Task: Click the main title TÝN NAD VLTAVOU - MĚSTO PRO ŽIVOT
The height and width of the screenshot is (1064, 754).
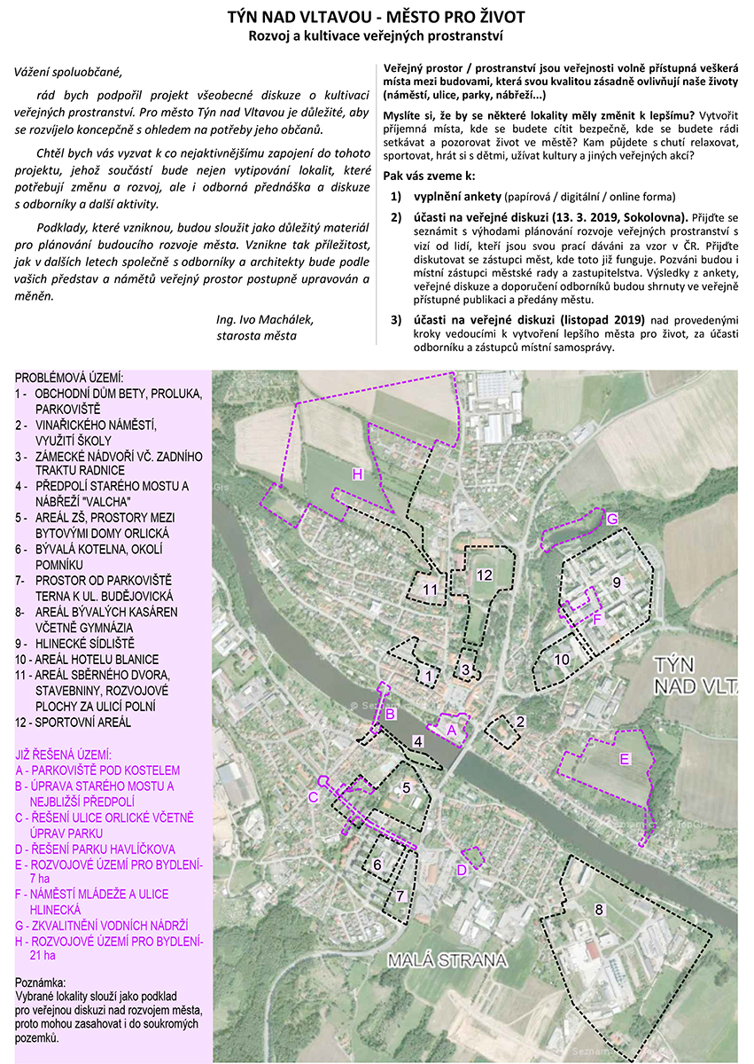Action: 376,17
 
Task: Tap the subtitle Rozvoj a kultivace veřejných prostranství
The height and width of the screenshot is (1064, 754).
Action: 376,36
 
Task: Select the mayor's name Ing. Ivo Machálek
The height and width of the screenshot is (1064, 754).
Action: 265,319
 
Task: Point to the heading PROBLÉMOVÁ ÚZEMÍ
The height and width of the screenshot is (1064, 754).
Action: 70,378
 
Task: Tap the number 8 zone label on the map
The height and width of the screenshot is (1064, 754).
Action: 599,910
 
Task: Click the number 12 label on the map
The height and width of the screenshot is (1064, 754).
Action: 484,575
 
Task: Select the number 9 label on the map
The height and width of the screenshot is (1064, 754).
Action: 617,582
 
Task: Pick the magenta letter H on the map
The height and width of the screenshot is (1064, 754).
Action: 357,474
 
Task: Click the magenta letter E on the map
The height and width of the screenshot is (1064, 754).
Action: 625,759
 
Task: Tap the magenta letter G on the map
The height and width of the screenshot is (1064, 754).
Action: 611,518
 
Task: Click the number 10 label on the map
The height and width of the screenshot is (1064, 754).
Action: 562,659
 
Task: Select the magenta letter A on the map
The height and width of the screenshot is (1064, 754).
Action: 451,729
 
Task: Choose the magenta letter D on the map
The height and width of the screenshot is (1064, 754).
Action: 462,870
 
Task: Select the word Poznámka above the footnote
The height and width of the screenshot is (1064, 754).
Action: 42,982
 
